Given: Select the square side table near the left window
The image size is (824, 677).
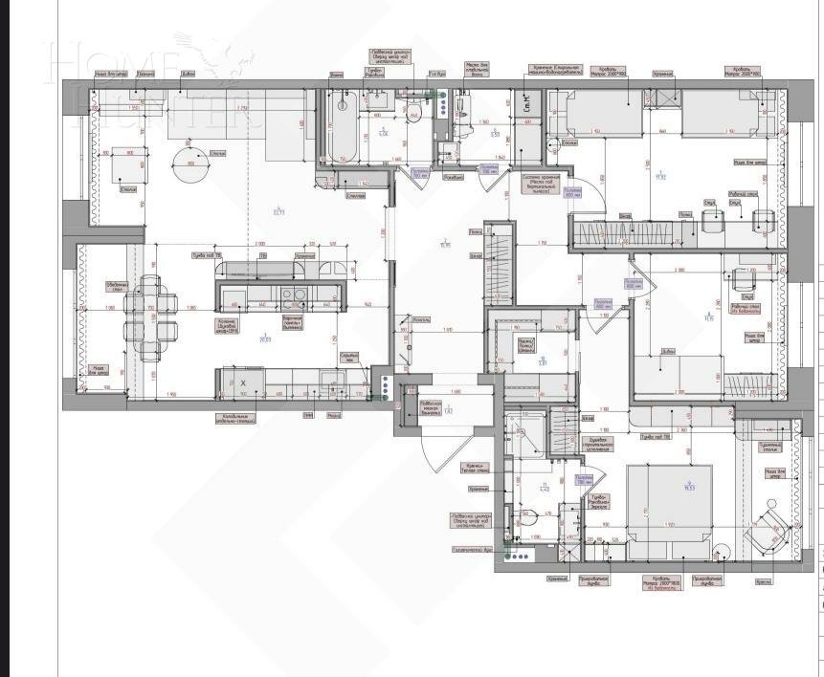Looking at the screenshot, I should [129, 167].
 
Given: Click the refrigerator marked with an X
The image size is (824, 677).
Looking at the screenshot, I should [243, 383].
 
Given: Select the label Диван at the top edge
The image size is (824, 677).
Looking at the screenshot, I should [188, 74].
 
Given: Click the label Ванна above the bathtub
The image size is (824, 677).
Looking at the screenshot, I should [336, 74].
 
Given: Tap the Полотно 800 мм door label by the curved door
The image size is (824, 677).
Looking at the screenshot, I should [572, 193].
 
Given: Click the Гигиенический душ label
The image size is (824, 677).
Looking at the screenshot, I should [473, 550].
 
